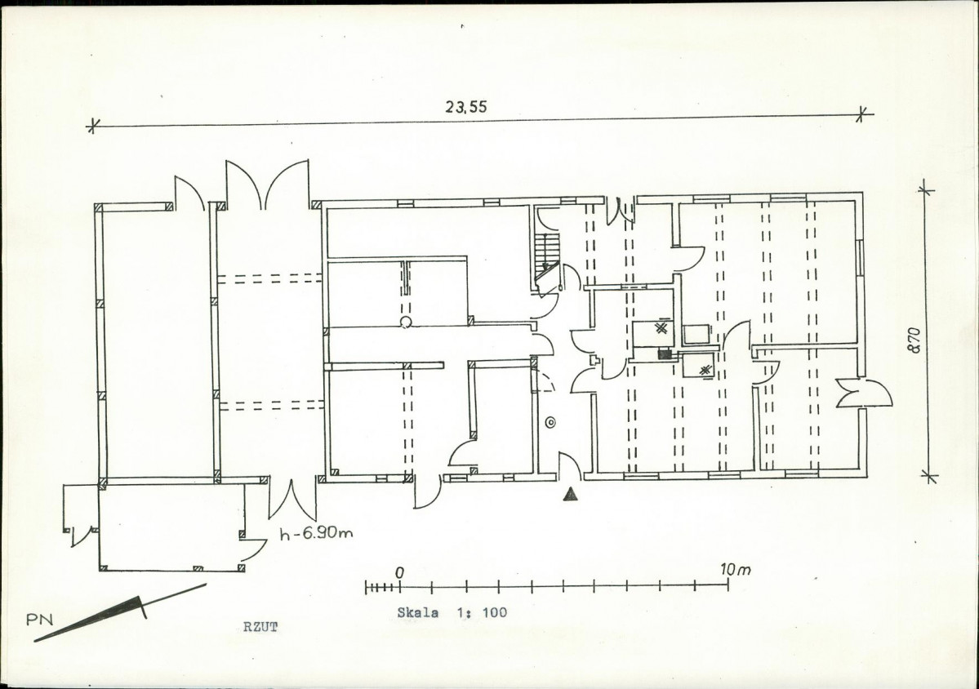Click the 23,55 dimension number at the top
point(465,107)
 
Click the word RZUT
point(260,627)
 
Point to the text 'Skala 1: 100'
point(452,612)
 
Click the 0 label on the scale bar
point(399,572)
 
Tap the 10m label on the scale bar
point(735,569)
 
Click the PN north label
point(39,620)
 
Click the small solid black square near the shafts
point(665,354)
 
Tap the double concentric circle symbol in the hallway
point(550,423)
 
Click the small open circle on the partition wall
point(406,322)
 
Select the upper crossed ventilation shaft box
point(653,333)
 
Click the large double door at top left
point(267,184)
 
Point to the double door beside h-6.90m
point(292,499)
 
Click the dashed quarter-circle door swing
point(544,381)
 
